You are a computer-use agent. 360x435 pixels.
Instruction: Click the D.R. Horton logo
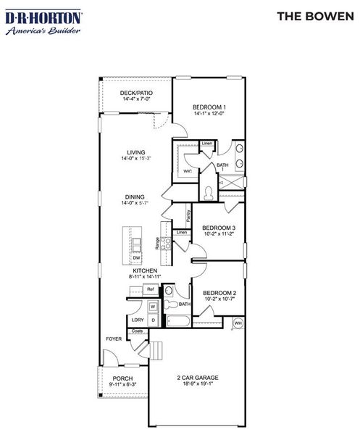pos(43,22)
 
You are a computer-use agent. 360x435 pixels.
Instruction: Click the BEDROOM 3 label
pos(219,228)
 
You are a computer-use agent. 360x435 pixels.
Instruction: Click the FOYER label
pos(114,339)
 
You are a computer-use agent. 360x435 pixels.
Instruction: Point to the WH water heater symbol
pos(238,323)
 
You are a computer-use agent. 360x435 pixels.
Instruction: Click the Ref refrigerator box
pos(150,289)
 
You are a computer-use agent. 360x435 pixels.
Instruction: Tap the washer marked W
pos(153,307)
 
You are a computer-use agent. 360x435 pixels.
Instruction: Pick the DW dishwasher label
pos(136,257)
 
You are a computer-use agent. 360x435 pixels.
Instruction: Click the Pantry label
pos(188,215)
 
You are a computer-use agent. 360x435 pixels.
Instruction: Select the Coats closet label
pos(138,331)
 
